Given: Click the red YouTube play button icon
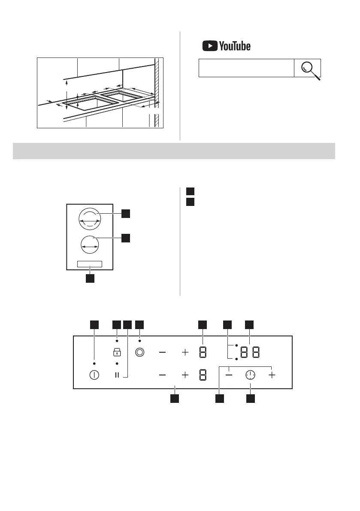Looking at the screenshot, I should click(209, 46).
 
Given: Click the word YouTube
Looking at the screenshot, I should click(235, 46).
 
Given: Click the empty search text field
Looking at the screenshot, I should click(246, 68).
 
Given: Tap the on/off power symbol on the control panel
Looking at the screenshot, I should click(94, 375).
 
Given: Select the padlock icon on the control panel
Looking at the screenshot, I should click(117, 353).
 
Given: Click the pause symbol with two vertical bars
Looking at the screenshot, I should click(117, 375).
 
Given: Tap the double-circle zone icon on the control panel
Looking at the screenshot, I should click(139, 353).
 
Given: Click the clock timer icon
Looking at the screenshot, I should click(250, 375).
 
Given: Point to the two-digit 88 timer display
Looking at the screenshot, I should click(250, 353).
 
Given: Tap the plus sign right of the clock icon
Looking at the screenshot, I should click(272, 375).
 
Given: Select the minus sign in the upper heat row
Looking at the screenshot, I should click(163, 353).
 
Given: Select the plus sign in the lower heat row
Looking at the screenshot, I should click(185, 375).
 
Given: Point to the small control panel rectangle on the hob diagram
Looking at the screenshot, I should click(90, 264).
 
